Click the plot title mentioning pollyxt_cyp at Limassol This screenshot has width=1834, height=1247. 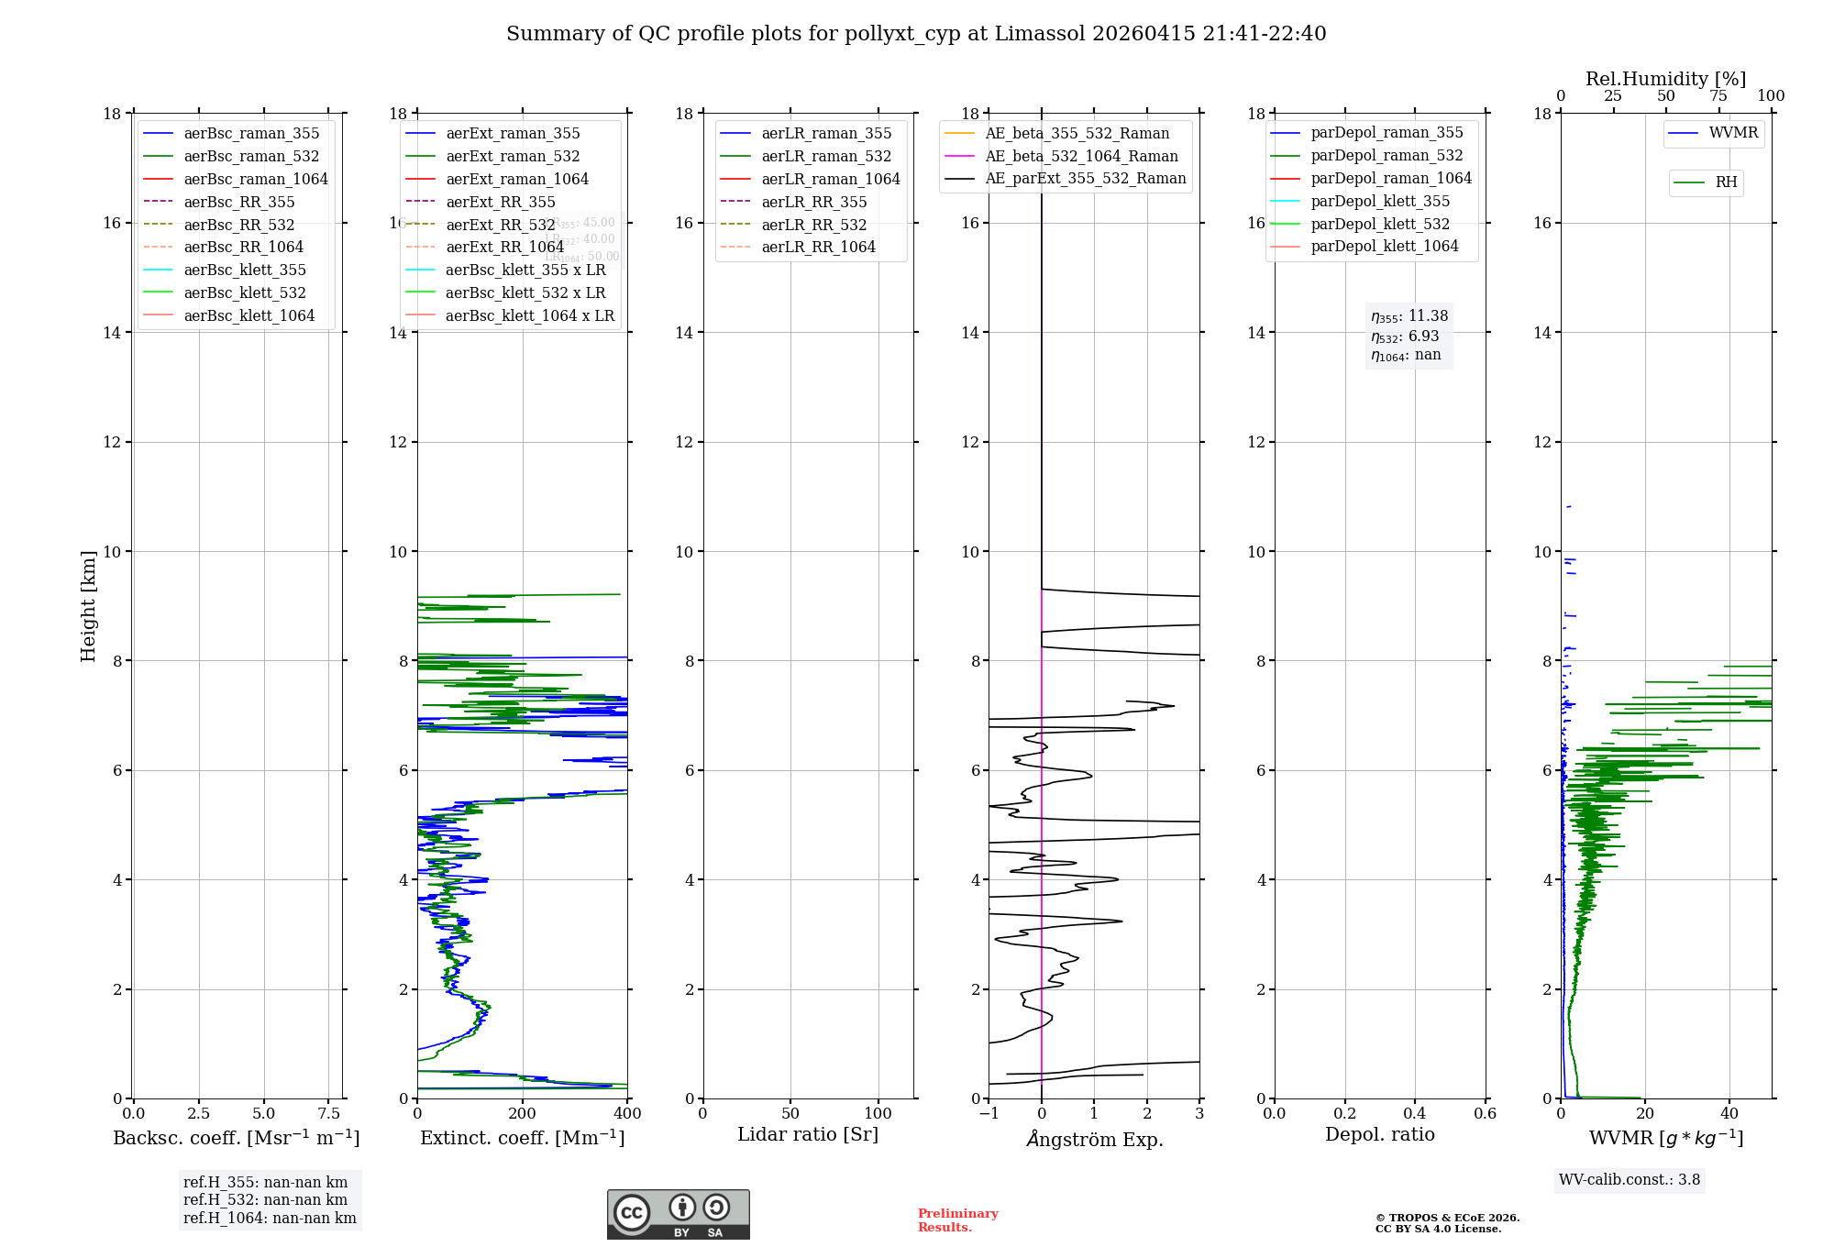click(x=916, y=34)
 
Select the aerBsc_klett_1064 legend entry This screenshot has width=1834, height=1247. click(x=249, y=315)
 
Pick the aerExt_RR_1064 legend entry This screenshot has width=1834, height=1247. click(x=504, y=247)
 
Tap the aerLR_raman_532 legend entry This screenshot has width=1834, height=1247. click(x=826, y=156)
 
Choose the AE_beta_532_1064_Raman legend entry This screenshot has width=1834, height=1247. click(x=1081, y=156)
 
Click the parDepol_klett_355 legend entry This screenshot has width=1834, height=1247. click(x=1380, y=201)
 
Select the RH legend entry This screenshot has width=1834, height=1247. click(x=1726, y=182)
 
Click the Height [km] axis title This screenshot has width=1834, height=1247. click(x=88, y=605)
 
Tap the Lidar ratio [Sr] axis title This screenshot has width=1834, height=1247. click(x=808, y=1134)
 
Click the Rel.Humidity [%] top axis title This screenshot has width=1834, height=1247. click(x=1665, y=79)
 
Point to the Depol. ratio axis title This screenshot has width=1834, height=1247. click(x=1379, y=1134)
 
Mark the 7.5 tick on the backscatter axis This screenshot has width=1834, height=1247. click(x=329, y=1114)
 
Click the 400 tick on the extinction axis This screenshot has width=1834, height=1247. click(x=627, y=1114)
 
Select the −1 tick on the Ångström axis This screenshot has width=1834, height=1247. click(x=988, y=1114)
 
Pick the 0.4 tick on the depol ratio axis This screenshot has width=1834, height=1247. click(x=1415, y=1114)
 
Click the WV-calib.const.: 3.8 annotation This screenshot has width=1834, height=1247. click(x=1630, y=1180)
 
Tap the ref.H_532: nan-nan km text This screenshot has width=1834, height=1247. click(x=265, y=1200)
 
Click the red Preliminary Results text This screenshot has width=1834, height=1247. click(x=957, y=1220)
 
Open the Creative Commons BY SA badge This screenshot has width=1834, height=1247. click(x=678, y=1214)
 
